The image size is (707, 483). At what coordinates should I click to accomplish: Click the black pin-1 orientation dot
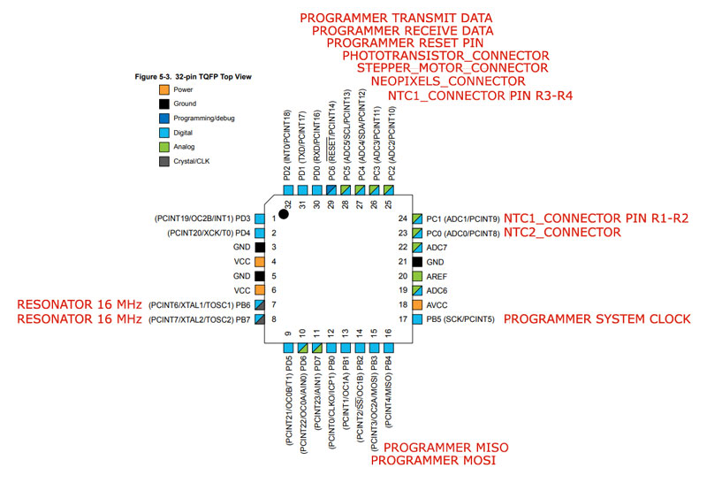[283, 214]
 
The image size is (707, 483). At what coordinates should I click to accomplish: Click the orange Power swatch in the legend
[164, 89]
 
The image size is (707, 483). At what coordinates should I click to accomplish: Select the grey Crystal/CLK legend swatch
[164, 161]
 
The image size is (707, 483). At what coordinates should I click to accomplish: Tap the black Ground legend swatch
[164, 103]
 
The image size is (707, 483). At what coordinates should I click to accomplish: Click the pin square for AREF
[417, 276]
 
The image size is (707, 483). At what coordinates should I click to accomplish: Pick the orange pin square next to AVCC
[417, 304]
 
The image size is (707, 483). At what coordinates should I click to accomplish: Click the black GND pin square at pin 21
[417, 262]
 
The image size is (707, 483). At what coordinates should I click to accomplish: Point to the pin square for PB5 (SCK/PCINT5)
[417, 319]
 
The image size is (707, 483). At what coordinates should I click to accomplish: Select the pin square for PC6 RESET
[331, 190]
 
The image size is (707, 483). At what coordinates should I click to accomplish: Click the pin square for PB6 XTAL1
[260, 304]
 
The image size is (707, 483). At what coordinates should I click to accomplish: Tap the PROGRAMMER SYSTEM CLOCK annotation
[597, 319]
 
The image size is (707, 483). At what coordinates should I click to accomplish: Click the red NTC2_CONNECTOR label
[562, 233]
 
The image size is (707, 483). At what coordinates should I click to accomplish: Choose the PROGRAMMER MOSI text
[433, 460]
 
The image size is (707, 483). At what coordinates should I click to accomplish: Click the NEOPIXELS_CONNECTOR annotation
[448, 81]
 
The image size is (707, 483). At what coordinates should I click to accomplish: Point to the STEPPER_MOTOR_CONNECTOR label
[452, 68]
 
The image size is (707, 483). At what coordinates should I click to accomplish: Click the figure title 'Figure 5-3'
[153, 77]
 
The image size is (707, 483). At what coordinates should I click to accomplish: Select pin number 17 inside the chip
[403, 319]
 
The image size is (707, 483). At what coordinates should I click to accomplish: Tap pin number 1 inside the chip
[274, 218]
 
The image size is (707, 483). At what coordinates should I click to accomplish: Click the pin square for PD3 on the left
[260, 218]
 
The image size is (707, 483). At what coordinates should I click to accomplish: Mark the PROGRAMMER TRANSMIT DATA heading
[396, 18]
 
